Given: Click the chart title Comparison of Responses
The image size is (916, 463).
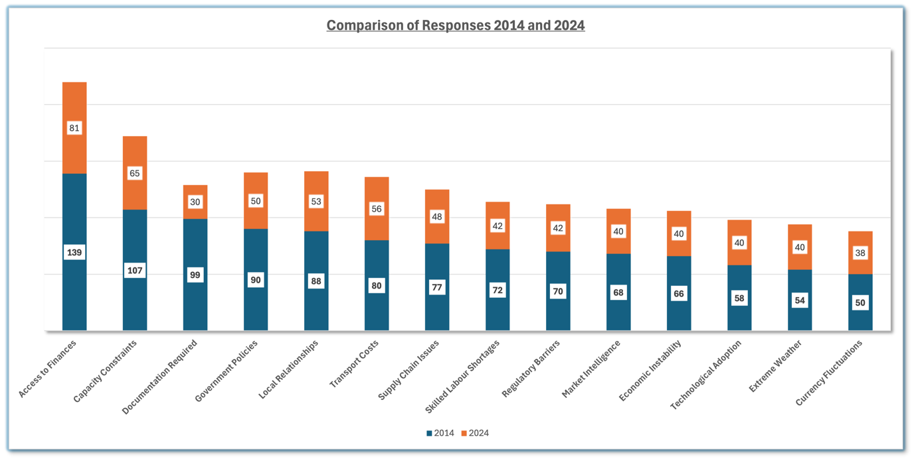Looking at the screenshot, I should pos(455,26).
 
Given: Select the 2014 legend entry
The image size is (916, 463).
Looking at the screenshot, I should pos(440,433).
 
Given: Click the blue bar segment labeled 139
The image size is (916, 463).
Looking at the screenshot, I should pos(74,279).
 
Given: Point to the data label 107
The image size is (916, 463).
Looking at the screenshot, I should pos(135,271).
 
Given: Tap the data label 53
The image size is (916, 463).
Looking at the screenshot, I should pos(316,202).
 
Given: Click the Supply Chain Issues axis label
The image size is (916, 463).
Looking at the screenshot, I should pos(409,369).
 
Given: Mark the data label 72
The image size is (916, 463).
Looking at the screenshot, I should pos(498,291).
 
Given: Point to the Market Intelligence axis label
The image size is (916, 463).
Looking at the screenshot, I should pos(592,369).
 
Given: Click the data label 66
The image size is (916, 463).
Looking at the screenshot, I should pos(679,294).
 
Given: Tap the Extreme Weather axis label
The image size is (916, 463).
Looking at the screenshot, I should pos(776,365).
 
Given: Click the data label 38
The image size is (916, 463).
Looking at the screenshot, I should pos(860,253).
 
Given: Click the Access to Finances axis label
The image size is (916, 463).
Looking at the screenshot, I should pos(48,368).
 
